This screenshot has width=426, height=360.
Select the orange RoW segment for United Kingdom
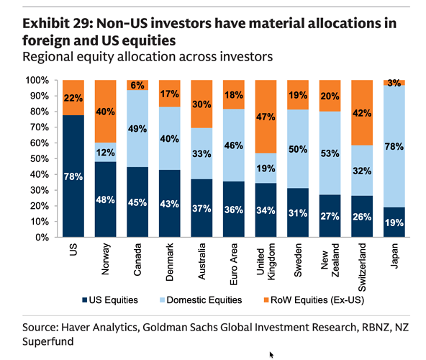point(267,116)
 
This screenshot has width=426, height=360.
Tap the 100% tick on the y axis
point(38,80)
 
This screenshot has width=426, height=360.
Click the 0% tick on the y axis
point(43,238)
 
